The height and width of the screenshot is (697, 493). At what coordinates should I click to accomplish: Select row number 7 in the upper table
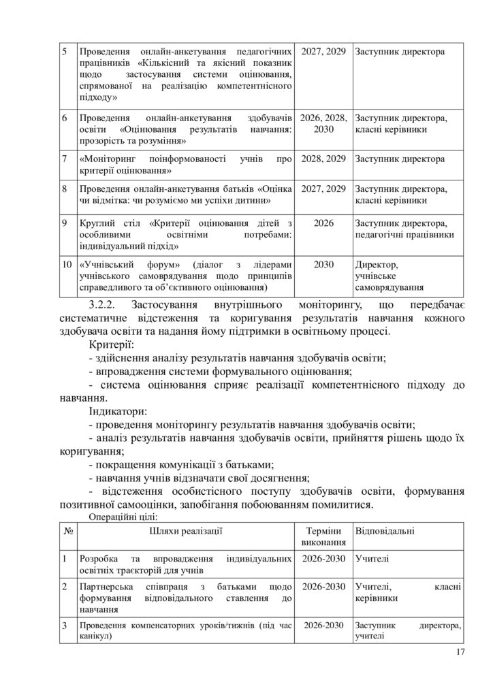coord(63,159)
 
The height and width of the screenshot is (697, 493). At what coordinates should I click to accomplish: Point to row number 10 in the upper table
coord(65,264)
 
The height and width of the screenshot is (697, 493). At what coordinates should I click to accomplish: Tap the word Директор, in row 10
coord(377,264)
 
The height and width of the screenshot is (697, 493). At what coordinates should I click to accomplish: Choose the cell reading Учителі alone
coord(372,559)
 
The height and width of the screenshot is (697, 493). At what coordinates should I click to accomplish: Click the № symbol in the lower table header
coord(67,530)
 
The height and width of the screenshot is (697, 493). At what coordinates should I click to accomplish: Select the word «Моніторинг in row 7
coord(108,159)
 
